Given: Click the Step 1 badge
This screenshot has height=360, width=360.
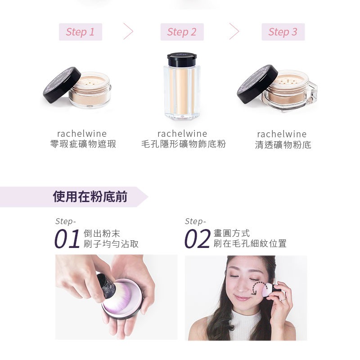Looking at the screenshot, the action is tap(81, 32).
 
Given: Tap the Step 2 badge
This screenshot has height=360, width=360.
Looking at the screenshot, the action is tap(182, 32).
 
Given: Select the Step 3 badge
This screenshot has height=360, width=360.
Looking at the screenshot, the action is tap(283, 32).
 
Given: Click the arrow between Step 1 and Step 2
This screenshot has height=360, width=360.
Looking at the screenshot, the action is tap(128, 31).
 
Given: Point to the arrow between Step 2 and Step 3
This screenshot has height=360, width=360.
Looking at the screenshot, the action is tap(234, 31).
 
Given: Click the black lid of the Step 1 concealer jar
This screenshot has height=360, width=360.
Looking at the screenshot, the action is tap(62, 85).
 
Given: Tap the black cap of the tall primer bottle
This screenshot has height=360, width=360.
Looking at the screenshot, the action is tap(182, 59).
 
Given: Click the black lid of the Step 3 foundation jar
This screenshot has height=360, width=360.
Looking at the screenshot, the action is tap(257, 84).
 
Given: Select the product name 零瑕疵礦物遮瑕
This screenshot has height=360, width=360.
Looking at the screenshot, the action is tap(83, 144).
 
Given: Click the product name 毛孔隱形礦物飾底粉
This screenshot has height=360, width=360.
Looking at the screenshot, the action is tap(184, 144).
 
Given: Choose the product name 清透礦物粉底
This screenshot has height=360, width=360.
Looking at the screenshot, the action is tap(283, 145).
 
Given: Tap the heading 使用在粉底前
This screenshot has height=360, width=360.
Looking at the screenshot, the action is tap(90, 197).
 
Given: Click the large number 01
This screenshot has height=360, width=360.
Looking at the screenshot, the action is tap(67, 238).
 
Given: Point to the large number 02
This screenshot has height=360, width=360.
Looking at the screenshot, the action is tap(198, 238).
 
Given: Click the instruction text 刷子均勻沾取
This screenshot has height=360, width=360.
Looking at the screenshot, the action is tap(111, 243).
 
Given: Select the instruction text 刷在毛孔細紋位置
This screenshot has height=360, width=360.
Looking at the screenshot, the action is tap(250, 243).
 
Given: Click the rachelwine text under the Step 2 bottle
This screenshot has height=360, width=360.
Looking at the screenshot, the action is tap(182, 133).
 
